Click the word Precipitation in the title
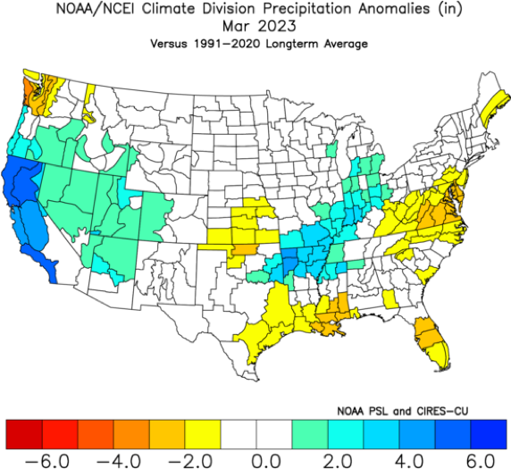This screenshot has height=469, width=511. coord(307,9)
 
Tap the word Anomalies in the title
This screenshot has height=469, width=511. coord(394,9)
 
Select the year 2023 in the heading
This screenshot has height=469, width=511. coord(277,26)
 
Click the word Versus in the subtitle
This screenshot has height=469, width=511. coord(169,44)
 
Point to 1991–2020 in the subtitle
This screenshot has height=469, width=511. coord(227,44)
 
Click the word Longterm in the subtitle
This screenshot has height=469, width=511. coord(292,44)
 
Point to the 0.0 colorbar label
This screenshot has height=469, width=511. coord(266,461)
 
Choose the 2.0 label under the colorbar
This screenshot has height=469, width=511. coord(338,461)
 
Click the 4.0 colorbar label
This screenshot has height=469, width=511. coord(409,461)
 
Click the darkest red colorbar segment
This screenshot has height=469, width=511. coord(24,434)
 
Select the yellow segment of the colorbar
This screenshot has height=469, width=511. coord(203,434)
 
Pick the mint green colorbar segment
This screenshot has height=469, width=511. coord(310,434)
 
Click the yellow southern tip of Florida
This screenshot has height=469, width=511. coord(440,356)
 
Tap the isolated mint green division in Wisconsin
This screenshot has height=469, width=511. coord(331,149)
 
